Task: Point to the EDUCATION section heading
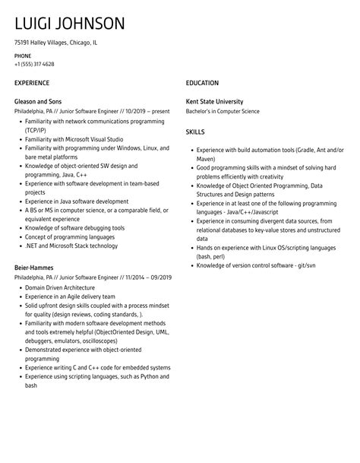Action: (202, 82)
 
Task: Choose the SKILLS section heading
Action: (196, 132)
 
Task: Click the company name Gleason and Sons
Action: (40, 101)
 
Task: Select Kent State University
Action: (215, 101)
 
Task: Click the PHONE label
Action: (23, 55)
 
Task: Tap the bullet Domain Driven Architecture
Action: (60, 288)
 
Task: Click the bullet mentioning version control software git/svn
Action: (256, 265)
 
